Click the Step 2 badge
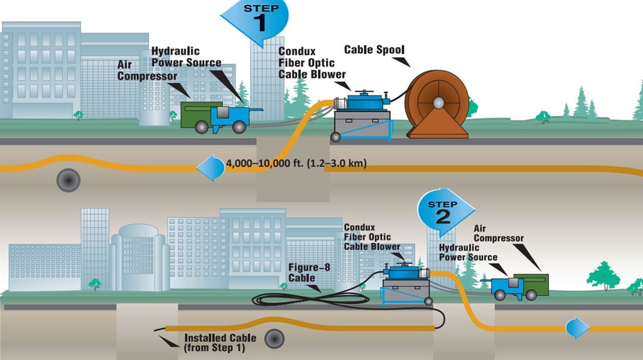pos(444,211)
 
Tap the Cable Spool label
pos(374,50)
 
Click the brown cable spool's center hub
pos(438,102)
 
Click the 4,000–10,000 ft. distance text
pos(296,163)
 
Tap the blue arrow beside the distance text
pos(210,168)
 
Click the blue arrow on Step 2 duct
pos(578,328)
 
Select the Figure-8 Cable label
pos(309,273)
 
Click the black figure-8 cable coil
pos(310,300)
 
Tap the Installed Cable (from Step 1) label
pos(220,343)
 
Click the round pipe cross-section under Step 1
pos(68,180)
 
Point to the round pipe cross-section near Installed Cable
pos(274,339)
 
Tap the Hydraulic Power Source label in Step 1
pos(186,57)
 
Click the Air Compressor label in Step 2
pos(498,233)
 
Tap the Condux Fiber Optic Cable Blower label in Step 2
pos(372,237)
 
